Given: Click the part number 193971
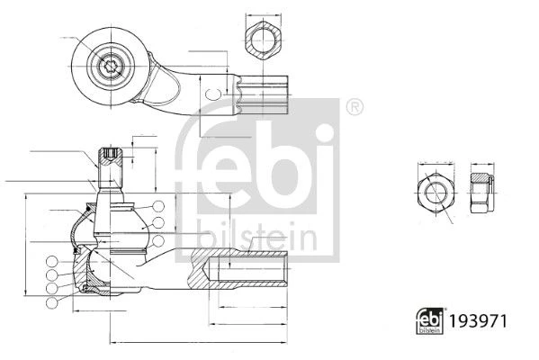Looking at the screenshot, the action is tap(478, 321).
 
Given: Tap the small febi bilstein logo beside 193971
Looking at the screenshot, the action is tap(429, 321).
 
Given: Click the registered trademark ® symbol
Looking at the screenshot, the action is tap(355, 107).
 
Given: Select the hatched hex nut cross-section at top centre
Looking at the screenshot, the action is tap(264, 40).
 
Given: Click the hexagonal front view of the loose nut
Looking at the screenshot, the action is tap(436, 193).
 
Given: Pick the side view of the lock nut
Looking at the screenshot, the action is tap(482, 193).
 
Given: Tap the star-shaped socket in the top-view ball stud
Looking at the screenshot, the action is tap(111, 67).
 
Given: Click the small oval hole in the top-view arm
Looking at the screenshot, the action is tap(213, 94).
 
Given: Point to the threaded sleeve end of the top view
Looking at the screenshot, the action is tap(262, 94).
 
